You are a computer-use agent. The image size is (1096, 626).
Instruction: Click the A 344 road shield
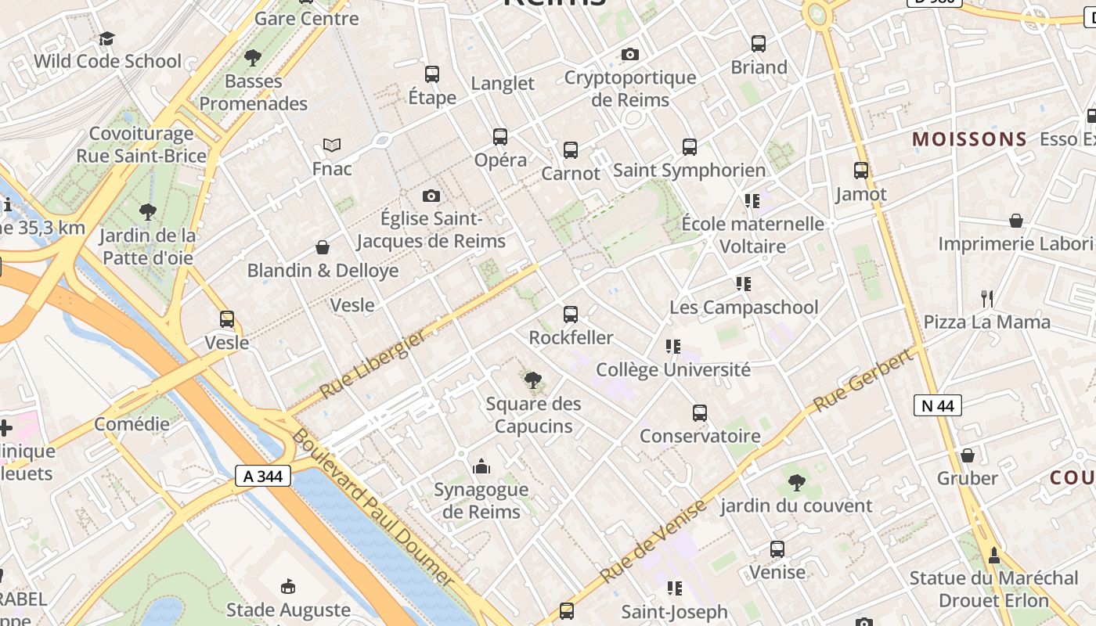(x=263, y=475)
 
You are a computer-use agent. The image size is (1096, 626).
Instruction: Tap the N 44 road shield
(x=938, y=405)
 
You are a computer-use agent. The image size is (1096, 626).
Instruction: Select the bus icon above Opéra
(x=500, y=137)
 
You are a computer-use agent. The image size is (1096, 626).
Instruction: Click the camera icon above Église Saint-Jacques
(x=431, y=196)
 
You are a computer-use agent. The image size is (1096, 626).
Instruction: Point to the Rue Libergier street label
(x=373, y=363)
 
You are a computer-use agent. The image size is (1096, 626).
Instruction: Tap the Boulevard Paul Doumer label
(x=373, y=507)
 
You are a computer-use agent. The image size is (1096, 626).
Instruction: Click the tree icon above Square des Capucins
(x=533, y=381)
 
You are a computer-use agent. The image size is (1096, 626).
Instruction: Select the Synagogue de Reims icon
(x=481, y=467)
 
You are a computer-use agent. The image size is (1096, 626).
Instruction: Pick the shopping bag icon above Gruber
(x=968, y=455)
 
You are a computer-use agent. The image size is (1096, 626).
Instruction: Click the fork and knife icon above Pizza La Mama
(x=987, y=298)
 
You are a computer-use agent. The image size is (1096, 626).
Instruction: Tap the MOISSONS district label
(x=969, y=139)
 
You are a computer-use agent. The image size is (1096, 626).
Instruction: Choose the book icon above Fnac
(x=332, y=146)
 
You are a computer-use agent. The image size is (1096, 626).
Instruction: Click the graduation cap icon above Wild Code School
(x=106, y=38)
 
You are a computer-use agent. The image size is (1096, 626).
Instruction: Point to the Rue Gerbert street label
(x=863, y=380)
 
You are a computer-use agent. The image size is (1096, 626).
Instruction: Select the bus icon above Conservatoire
(x=700, y=413)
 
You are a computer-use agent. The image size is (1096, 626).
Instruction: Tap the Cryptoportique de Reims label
(x=630, y=88)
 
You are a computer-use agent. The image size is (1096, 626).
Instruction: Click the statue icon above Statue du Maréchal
(x=994, y=556)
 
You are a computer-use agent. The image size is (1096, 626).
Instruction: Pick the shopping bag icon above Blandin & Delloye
(x=323, y=248)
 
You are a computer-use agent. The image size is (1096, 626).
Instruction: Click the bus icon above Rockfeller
(x=571, y=315)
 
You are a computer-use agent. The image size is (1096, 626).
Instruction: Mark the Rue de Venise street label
(x=653, y=541)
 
